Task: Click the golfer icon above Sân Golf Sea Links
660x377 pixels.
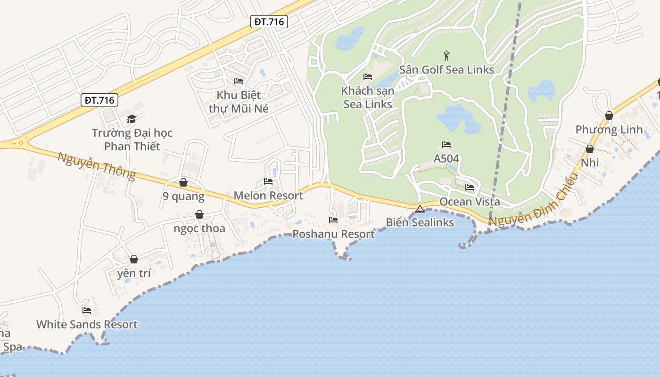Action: pos(446,56)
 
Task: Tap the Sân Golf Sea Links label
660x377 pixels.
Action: pos(446,70)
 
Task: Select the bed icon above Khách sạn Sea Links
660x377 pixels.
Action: pos(368,77)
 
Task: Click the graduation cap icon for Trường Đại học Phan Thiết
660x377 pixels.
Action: pos(132,119)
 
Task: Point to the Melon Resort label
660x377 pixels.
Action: pos(268,196)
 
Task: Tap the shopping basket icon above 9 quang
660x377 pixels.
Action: pos(183,182)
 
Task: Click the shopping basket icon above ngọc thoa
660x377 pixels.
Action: pos(199,215)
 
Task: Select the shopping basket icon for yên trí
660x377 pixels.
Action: pos(134,259)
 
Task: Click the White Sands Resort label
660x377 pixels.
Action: pos(87,324)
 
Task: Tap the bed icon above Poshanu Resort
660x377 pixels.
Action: pos(333,220)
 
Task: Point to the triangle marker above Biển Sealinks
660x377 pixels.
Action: pos(420,209)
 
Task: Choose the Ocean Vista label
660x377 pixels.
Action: pos(470,202)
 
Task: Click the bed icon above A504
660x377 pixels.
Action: pos(446,145)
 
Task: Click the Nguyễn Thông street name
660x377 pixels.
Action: pos(97,165)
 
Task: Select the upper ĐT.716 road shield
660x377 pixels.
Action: pos(269,22)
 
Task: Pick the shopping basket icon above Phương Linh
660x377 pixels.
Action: pos(609,115)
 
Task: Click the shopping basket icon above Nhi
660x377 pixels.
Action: pos(589,149)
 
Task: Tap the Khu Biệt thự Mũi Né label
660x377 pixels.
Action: pos(239,101)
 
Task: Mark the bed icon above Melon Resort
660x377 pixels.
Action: pos(268,181)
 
